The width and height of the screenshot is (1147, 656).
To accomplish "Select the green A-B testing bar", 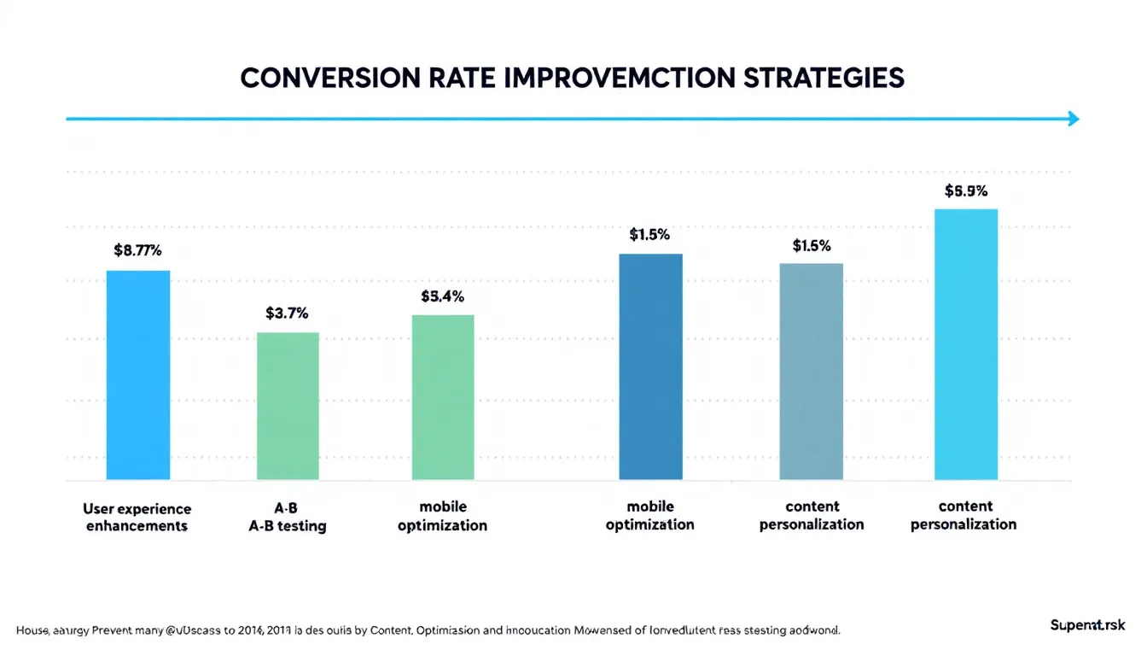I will [288, 406].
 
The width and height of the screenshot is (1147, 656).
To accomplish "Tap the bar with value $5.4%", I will [443, 397].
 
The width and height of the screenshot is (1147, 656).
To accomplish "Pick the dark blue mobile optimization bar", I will [650, 366].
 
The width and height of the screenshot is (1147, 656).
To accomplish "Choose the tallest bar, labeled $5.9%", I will [966, 344].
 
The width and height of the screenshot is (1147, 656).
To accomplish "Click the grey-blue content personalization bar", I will [811, 372].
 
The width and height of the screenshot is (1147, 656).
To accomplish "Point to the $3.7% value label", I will [287, 313].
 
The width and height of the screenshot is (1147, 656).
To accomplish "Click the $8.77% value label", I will [137, 251].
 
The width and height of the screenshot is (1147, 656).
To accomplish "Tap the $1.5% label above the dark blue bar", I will [649, 235].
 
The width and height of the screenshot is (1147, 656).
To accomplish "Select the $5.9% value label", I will [966, 191].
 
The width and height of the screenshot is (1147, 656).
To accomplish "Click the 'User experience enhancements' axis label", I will [137, 517].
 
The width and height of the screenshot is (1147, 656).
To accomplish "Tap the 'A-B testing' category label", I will [287, 526].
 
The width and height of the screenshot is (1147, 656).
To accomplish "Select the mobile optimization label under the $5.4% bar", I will [442, 516].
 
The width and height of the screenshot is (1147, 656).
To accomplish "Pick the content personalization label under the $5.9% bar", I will [964, 516].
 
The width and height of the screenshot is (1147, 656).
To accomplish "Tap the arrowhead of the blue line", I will [1074, 119].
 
